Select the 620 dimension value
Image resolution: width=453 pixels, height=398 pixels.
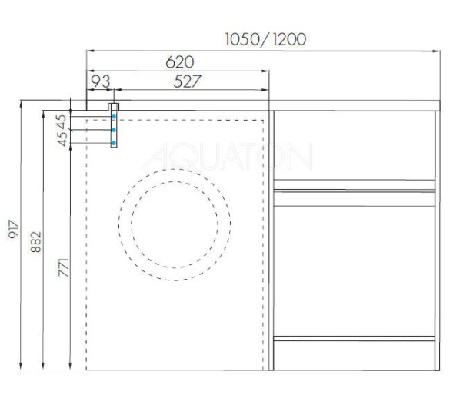click(178, 61)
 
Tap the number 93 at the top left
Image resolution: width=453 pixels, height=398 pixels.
click(100, 81)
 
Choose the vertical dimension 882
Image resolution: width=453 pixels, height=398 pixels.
click(38, 244)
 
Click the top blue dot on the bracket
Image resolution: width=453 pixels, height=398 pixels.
click(114, 116)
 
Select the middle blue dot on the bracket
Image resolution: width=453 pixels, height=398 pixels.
click(114, 130)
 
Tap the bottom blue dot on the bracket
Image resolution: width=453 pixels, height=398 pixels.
click(114, 143)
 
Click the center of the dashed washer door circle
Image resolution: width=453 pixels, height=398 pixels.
click(175, 224)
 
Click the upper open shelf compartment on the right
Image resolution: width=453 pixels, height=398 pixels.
click(355, 146)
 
